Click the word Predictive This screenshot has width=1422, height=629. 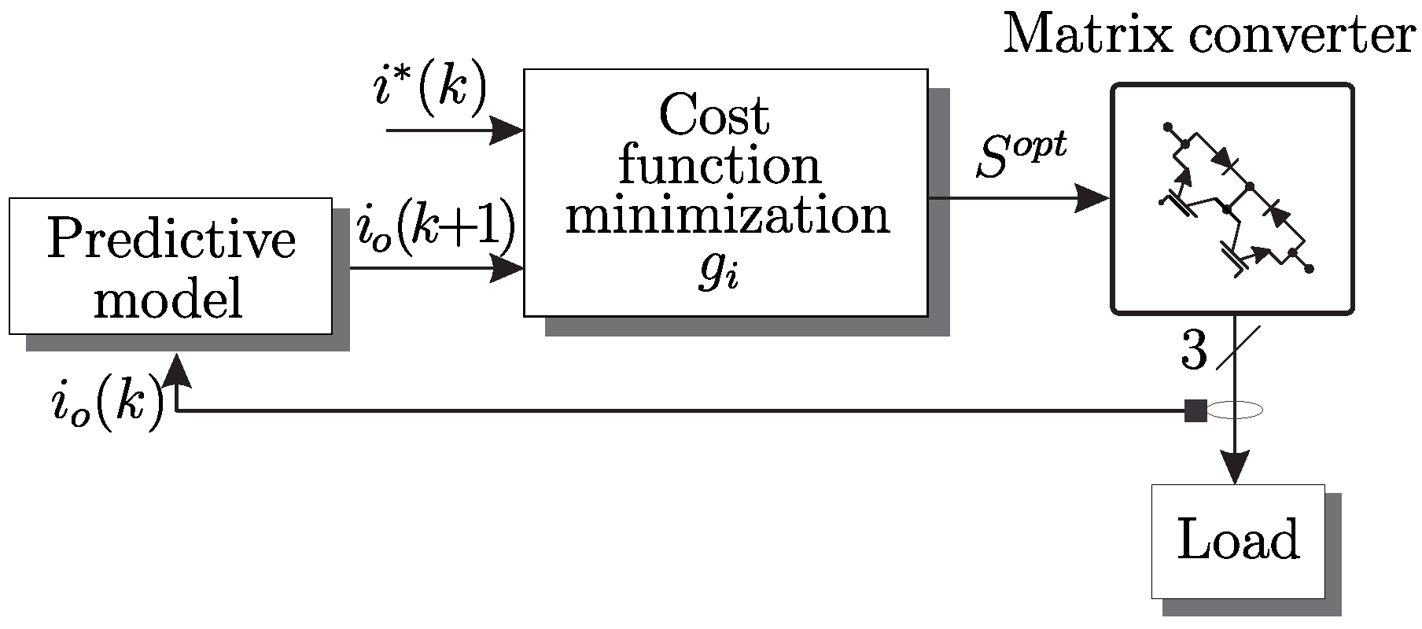point(171,240)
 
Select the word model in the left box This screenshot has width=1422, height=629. point(168,299)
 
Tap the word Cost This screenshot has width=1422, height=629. point(714,116)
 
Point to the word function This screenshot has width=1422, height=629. point(720,166)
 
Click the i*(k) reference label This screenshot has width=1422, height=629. point(429,90)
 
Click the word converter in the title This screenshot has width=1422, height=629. point(1311,35)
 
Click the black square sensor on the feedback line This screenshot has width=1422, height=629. point(1195,410)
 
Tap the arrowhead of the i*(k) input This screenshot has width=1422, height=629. point(507,130)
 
